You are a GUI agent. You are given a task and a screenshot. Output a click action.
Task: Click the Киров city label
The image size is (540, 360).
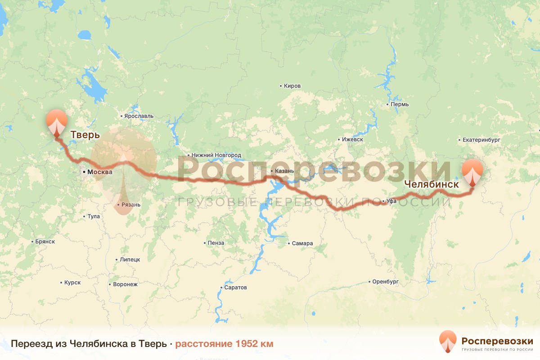(x=292, y=86)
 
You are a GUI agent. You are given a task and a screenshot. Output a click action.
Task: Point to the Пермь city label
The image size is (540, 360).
(x=400, y=104)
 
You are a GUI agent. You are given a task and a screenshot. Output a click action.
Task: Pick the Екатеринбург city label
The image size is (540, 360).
(x=481, y=140)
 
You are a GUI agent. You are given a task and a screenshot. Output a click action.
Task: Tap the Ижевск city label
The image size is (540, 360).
(x=352, y=139)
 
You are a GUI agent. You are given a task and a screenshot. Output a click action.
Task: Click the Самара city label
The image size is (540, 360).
(x=302, y=243)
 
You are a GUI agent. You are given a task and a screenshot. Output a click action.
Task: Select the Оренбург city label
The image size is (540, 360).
(x=386, y=282)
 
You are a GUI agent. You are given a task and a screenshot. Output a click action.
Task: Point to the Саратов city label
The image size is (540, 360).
(x=235, y=287)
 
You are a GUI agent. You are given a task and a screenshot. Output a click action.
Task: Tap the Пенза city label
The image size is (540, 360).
(x=216, y=243)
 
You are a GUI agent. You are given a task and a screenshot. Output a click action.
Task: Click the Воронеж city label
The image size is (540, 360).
(x=125, y=284)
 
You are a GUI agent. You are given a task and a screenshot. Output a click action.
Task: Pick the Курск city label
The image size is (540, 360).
(x=72, y=283)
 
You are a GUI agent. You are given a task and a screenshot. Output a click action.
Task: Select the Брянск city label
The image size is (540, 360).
(x=45, y=242)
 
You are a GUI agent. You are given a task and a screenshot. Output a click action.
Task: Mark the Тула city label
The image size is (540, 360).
(x=93, y=216)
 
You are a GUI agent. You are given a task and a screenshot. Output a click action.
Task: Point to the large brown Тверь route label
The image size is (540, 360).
(x=85, y=134)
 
